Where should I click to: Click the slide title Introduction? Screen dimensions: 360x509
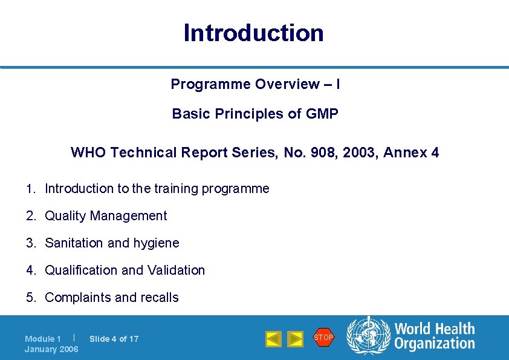click(x=253, y=33)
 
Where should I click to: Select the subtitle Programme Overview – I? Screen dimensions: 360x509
click(x=254, y=84)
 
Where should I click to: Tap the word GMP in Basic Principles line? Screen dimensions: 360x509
click(x=322, y=114)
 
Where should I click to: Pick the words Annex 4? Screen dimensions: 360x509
click(x=411, y=152)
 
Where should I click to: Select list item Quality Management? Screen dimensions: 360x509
click(x=106, y=216)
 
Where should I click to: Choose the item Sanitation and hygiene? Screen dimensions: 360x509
click(x=112, y=243)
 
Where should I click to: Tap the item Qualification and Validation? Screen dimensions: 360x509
click(x=125, y=270)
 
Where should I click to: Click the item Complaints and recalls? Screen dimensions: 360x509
click(x=112, y=298)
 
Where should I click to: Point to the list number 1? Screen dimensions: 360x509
click(x=30, y=189)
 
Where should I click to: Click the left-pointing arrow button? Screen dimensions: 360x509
click(x=274, y=339)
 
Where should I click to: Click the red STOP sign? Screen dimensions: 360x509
click(x=323, y=337)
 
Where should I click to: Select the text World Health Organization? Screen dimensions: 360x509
click(x=434, y=336)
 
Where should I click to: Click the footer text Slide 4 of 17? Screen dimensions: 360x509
click(x=114, y=339)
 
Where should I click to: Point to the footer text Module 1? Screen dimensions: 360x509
click(x=42, y=339)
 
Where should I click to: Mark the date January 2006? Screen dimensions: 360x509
click(x=51, y=349)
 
